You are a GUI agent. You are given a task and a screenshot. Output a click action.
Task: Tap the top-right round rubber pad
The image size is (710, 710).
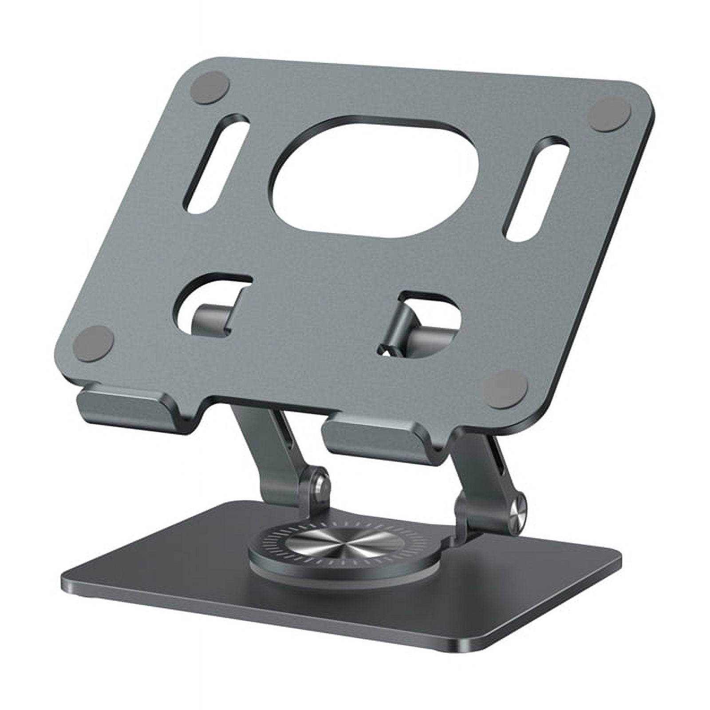(610, 114)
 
